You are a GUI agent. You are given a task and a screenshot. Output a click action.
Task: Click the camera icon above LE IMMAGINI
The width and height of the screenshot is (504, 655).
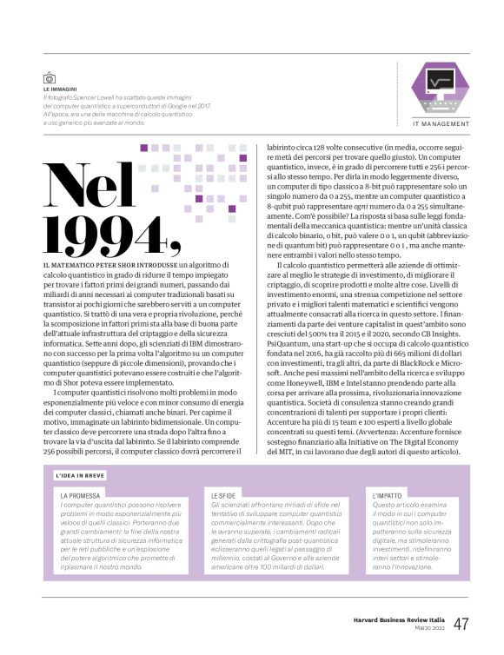point(50,77)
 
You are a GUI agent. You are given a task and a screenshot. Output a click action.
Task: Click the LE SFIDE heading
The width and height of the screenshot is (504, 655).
point(224,495)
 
